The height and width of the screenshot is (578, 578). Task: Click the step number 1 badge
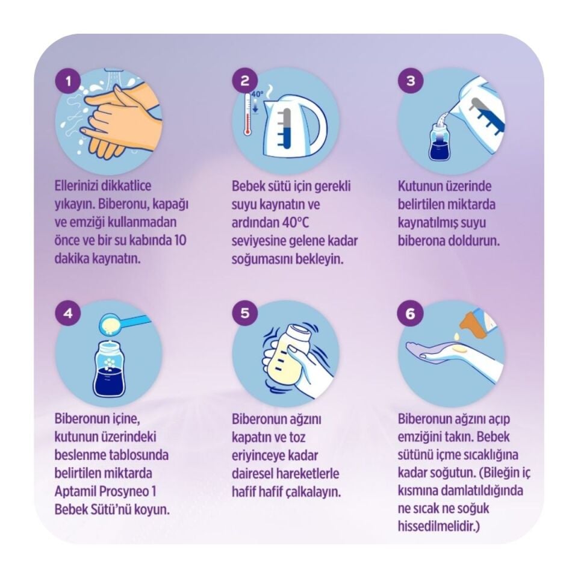68,81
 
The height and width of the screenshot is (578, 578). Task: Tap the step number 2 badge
245,81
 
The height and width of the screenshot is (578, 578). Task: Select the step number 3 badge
411,81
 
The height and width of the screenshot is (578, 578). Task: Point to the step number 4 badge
68,313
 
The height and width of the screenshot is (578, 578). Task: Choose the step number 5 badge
245,313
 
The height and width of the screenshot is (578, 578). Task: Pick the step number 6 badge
410,314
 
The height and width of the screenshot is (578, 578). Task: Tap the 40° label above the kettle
257,94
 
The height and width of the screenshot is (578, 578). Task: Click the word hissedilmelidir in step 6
439,526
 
